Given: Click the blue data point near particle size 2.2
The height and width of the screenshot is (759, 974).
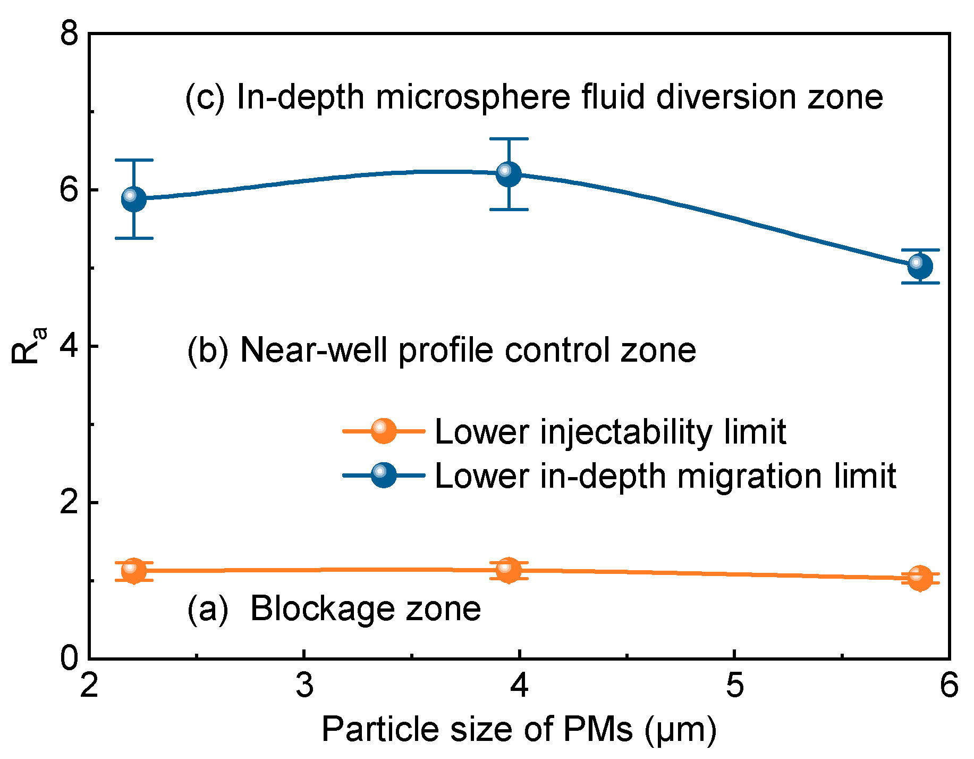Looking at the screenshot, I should pyautogui.click(x=134, y=199).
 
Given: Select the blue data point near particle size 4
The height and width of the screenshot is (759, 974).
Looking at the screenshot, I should pyautogui.click(x=509, y=174).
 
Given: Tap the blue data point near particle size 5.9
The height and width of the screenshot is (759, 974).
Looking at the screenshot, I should pyautogui.click(x=920, y=266).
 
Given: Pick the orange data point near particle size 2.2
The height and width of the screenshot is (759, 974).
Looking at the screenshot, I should pyautogui.click(x=134, y=571).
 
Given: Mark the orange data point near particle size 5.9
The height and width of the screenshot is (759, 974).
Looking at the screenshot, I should pyautogui.click(x=920, y=578).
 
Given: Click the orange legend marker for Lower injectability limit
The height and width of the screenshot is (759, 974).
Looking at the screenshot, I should pyautogui.click(x=384, y=430).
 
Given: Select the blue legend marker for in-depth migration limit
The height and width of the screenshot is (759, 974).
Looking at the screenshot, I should pyautogui.click(x=384, y=475).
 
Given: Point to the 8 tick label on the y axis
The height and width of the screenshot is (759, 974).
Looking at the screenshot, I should pyautogui.click(x=69, y=35).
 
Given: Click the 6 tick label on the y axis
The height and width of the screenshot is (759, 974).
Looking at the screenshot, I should pyautogui.click(x=69, y=190).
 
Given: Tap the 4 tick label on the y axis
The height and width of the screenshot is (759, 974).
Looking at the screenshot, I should pyautogui.click(x=69, y=346).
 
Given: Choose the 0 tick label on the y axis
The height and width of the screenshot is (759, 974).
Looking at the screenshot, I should pyautogui.click(x=69, y=658).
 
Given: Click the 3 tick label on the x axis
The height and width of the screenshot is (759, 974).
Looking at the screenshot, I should pyautogui.click(x=304, y=685).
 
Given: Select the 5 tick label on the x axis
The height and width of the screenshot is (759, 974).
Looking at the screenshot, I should pyautogui.click(x=734, y=685).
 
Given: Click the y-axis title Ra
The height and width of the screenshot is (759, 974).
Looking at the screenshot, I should pyautogui.click(x=28, y=346).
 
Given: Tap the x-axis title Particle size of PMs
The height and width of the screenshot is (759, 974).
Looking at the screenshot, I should pyautogui.click(x=519, y=729).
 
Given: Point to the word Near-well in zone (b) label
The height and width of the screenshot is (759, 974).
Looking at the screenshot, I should pyautogui.click(x=314, y=350).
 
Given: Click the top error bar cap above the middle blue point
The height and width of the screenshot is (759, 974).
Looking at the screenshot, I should pyautogui.click(x=509, y=139).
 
